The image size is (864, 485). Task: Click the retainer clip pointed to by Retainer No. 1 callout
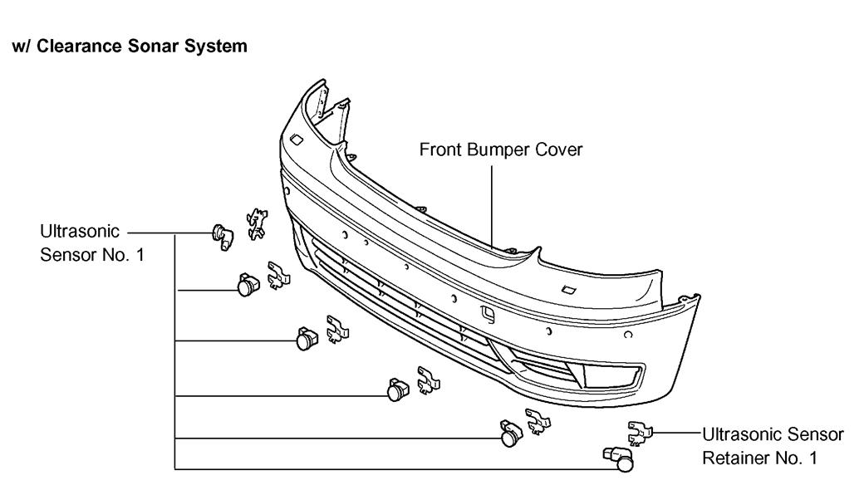click(641, 431)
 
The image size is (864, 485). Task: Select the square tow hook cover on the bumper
click(488, 315)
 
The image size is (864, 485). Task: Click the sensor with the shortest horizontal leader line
click(247, 287)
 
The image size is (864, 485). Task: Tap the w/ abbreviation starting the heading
click(17, 46)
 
